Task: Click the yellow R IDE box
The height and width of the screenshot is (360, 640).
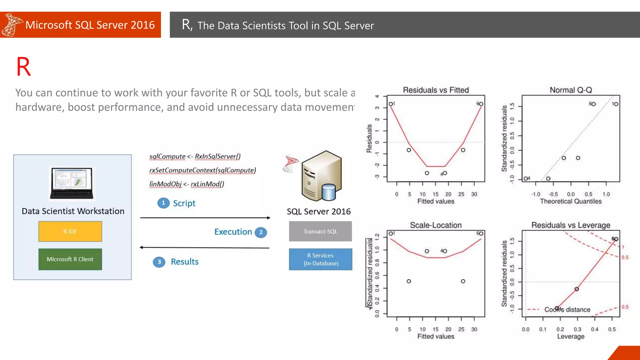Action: (x=70, y=231)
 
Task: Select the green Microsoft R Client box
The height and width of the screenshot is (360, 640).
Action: (x=70, y=259)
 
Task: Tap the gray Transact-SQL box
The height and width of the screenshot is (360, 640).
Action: (x=320, y=231)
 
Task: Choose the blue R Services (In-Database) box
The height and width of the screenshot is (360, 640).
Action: (x=321, y=259)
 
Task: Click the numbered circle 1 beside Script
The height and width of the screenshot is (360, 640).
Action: (x=163, y=203)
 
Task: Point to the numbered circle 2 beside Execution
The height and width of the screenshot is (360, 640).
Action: (x=261, y=232)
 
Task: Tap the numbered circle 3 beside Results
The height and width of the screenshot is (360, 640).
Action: (x=159, y=262)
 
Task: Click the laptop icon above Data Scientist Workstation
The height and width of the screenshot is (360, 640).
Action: (x=72, y=183)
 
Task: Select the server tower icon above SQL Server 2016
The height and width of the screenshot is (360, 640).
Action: (x=321, y=176)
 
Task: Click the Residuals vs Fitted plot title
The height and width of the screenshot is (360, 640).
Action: (x=436, y=90)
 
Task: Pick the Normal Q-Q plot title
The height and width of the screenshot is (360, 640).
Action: (x=571, y=90)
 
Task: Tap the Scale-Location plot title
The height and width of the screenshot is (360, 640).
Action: (x=436, y=225)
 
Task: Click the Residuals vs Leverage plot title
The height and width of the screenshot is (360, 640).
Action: (x=571, y=225)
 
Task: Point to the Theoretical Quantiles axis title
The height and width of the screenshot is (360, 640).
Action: (x=571, y=201)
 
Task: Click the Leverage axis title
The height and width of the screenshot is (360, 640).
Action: (x=571, y=336)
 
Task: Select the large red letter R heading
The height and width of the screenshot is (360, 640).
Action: (x=23, y=67)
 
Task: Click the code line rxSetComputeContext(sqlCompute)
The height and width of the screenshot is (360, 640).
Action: (x=202, y=170)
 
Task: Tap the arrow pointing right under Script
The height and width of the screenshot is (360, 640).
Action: (x=205, y=217)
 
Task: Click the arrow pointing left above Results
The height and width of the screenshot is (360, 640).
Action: (x=204, y=247)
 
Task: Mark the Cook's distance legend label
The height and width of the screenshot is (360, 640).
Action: (x=567, y=309)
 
